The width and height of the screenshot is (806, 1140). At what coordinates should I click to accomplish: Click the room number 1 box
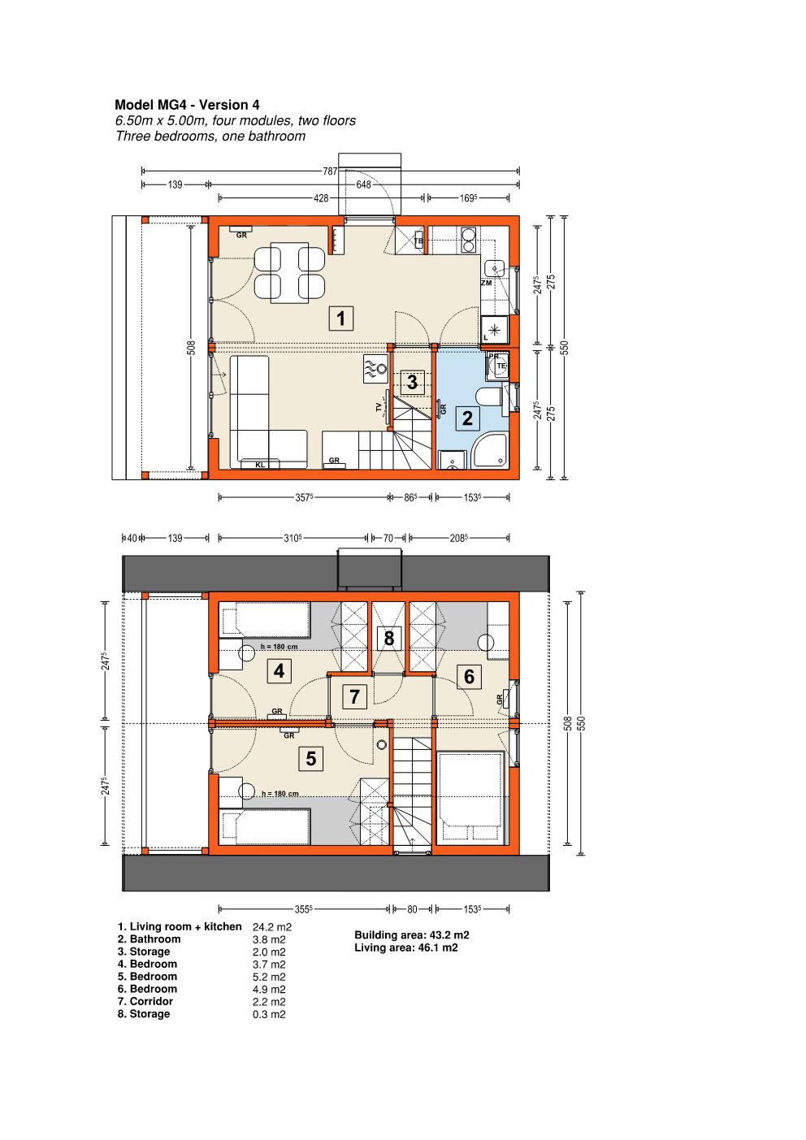[x=341, y=319]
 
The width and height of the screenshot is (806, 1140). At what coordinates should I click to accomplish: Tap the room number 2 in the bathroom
[x=467, y=418]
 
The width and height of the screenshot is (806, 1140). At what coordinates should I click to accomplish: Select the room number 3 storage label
[x=412, y=382]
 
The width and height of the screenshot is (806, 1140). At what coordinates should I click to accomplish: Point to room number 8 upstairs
[x=389, y=638]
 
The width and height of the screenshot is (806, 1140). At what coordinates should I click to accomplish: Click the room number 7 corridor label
[x=355, y=696]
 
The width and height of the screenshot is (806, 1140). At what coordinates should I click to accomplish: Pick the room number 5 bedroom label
[x=311, y=759]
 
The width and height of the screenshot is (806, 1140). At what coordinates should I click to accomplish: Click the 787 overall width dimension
[x=330, y=171]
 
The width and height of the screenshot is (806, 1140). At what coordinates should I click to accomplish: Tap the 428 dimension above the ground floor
[x=321, y=198]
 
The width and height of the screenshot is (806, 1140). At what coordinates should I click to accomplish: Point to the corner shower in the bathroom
[x=490, y=450]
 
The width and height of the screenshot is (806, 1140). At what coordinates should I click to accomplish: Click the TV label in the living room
[x=379, y=407]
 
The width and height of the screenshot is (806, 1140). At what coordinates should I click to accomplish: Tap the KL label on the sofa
[x=260, y=465]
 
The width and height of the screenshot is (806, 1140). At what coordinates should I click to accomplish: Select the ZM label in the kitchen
[x=487, y=283]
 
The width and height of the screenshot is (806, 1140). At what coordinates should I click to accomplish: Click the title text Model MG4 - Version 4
[x=187, y=105]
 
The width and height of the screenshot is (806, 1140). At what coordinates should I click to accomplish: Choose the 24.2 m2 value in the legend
[x=272, y=927]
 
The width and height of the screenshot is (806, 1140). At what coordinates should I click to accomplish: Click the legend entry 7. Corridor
[x=145, y=1001]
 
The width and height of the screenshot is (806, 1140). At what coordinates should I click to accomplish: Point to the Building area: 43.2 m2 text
[x=412, y=935]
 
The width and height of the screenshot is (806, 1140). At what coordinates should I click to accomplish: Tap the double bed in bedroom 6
[x=471, y=799]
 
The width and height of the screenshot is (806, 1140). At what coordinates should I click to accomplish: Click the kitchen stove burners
[x=468, y=241]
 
